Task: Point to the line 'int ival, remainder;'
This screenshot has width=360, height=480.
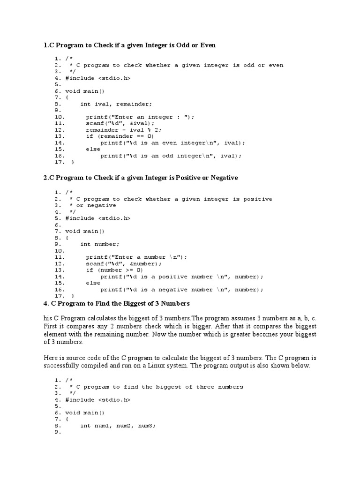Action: [x=116, y=104]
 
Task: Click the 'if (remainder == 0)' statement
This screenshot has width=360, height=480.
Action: [x=120, y=136]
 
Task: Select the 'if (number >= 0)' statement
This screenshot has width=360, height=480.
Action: [x=114, y=270]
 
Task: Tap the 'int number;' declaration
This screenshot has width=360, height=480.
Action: [x=100, y=244]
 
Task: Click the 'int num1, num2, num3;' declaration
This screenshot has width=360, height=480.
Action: [x=118, y=426]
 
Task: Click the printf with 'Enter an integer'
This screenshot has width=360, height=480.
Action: [x=140, y=117]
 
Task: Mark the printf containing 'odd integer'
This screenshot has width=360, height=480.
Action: [x=171, y=156]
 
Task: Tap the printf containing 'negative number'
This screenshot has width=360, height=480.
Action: [x=181, y=290]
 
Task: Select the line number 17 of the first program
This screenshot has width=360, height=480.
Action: [x=59, y=162]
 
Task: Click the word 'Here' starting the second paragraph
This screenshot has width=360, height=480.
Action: [x=51, y=358]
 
